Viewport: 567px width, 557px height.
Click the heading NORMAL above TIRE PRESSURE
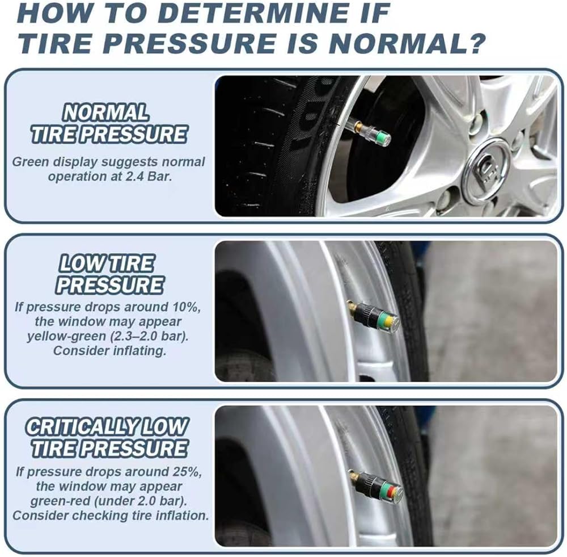[105, 112]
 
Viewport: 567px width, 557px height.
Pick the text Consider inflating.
[109, 350]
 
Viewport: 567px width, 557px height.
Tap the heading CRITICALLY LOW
[107, 427]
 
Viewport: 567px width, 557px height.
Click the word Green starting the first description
[31, 162]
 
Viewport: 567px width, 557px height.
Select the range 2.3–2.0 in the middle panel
[138, 337]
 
